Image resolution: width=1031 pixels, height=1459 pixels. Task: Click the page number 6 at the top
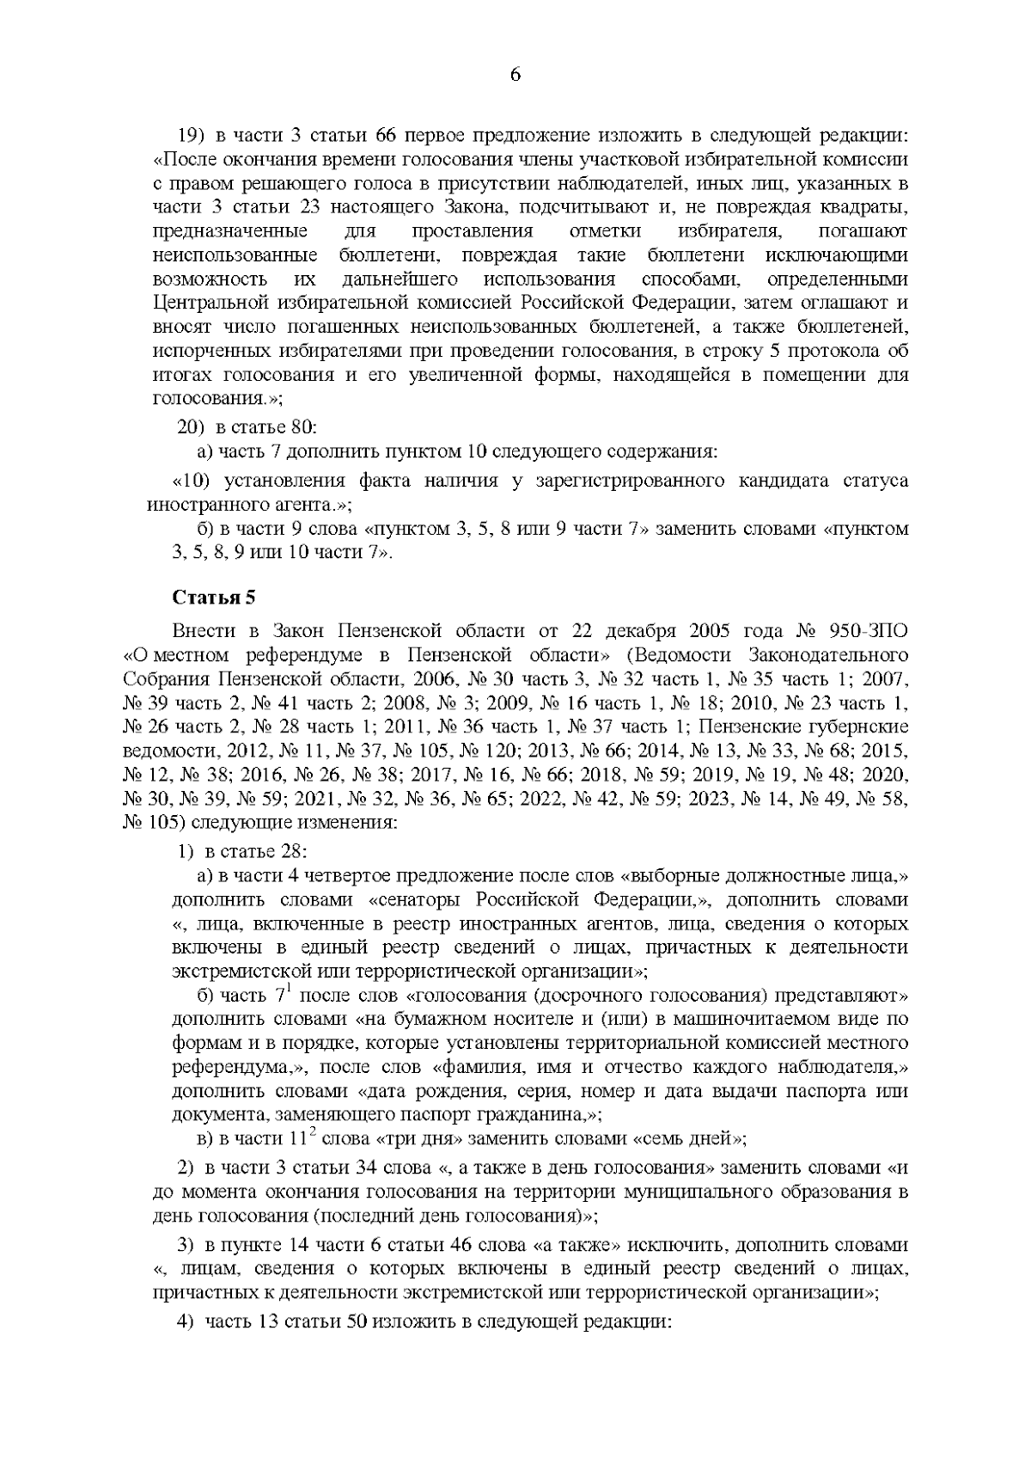[x=515, y=75]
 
